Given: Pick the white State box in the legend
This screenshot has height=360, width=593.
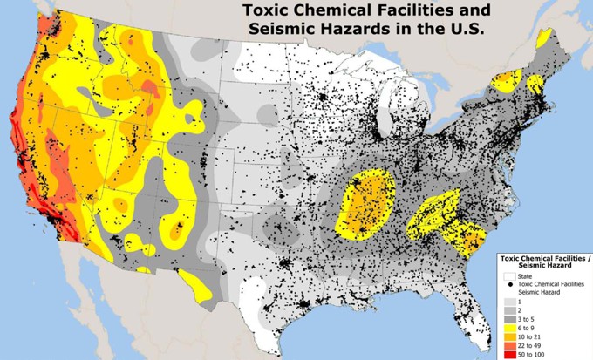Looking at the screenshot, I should pyautogui.click(x=509, y=276).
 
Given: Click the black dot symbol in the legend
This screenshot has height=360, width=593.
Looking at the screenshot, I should pyautogui.click(x=509, y=284).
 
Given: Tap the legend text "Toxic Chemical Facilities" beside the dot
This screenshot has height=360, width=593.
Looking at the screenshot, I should pyautogui.click(x=551, y=284).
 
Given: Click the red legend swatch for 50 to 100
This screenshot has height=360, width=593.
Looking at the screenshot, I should pyautogui.click(x=509, y=355).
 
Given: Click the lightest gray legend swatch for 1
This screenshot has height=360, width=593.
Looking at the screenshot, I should pyautogui.click(x=509, y=301).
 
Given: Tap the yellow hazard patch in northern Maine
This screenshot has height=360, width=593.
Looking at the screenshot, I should pyautogui.click(x=545, y=38).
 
